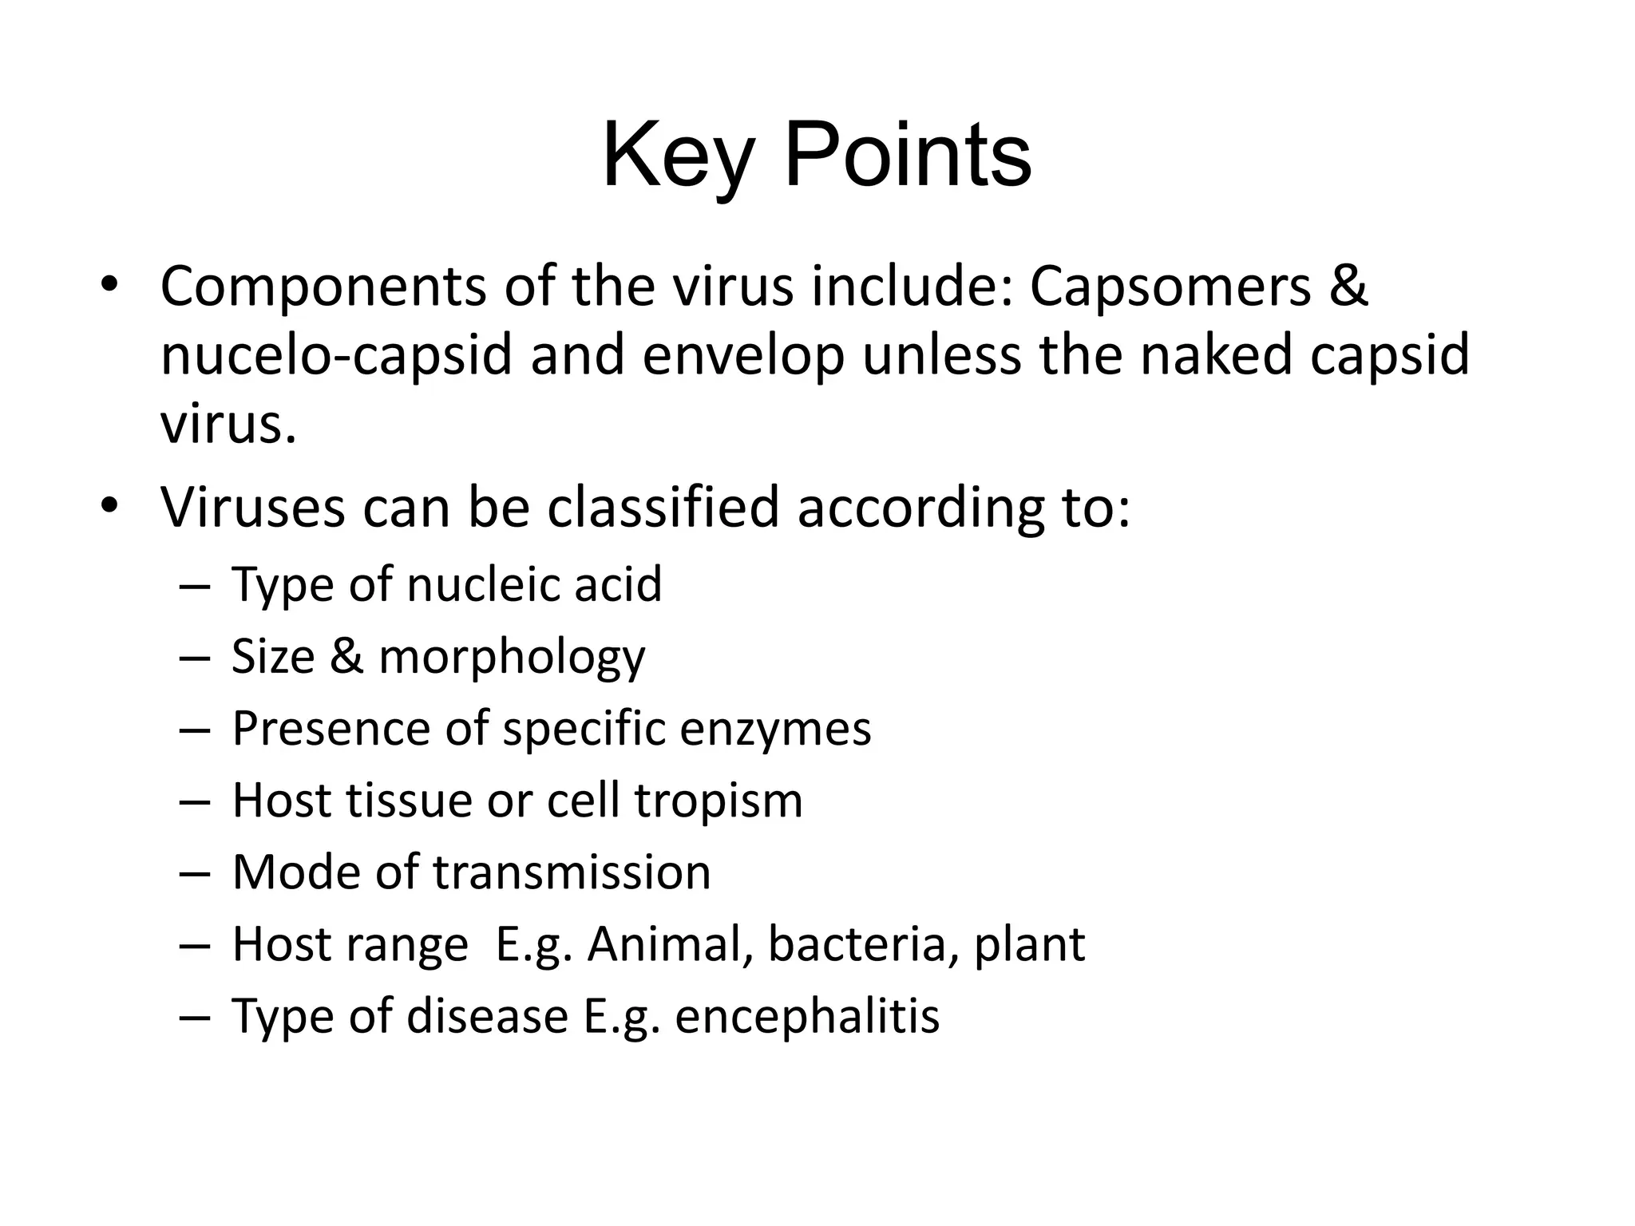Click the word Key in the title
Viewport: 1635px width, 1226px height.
point(678,156)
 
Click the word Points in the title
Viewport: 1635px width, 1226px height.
point(908,156)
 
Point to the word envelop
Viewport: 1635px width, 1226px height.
point(742,354)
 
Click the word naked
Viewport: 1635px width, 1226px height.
point(1216,354)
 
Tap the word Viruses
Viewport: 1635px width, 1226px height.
point(252,507)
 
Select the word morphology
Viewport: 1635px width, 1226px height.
point(511,657)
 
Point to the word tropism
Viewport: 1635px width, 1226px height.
point(719,801)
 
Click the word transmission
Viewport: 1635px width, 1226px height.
point(572,872)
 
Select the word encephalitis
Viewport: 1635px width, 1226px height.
point(807,1016)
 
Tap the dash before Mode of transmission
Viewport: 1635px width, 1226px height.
point(194,873)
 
